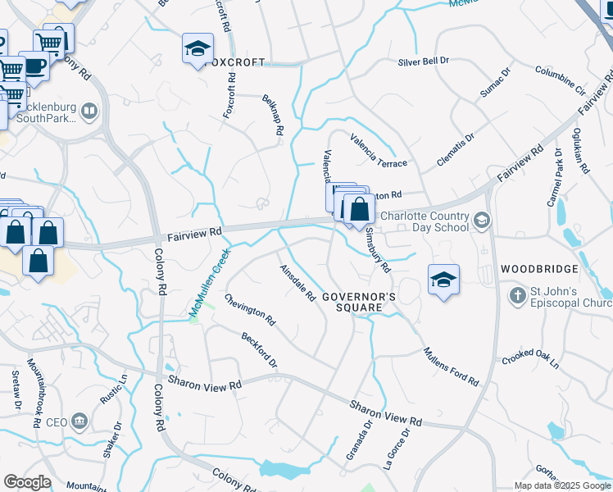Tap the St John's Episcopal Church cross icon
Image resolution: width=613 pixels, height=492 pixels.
coord(516,294)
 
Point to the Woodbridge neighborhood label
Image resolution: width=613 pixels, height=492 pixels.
coord(539,269)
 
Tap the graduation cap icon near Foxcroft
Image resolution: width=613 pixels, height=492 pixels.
coord(198,50)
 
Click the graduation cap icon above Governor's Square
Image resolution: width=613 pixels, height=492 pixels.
coord(443,280)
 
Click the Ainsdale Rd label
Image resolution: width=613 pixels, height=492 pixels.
coord(297,283)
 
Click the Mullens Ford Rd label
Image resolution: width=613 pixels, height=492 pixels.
coord(451,366)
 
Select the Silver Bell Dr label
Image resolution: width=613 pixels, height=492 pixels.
coord(424,61)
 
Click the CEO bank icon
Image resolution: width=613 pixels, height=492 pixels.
coord(79,421)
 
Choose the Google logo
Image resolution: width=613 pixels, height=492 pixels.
coord(27,482)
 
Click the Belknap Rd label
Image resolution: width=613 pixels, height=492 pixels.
coord(273,115)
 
